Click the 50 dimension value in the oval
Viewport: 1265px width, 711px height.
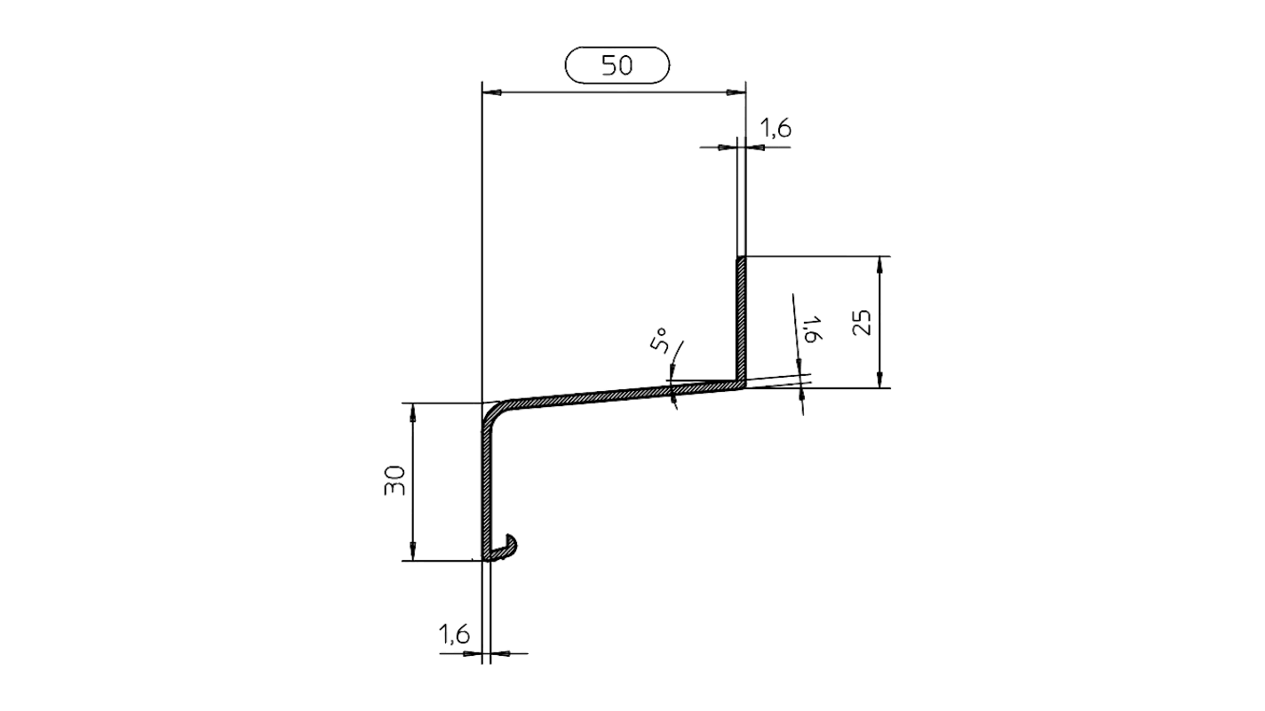[x=617, y=66]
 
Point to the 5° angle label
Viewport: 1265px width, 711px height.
[x=660, y=340]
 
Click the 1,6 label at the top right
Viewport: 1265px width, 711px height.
[x=776, y=129]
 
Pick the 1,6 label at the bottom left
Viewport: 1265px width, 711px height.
[x=454, y=634]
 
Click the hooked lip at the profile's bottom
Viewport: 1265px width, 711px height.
[x=507, y=549]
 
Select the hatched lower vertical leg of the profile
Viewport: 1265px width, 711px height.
[x=485, y=489]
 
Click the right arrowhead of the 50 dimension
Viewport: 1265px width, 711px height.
[x=736, y=92]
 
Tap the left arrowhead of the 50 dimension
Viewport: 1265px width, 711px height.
[x=489, y=92]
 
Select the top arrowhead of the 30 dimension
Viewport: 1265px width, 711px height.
[x=413, y=410]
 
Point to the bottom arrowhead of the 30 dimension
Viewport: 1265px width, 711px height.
[x=413, y=554]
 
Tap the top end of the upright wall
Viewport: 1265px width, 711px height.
[x=740, y=259]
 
